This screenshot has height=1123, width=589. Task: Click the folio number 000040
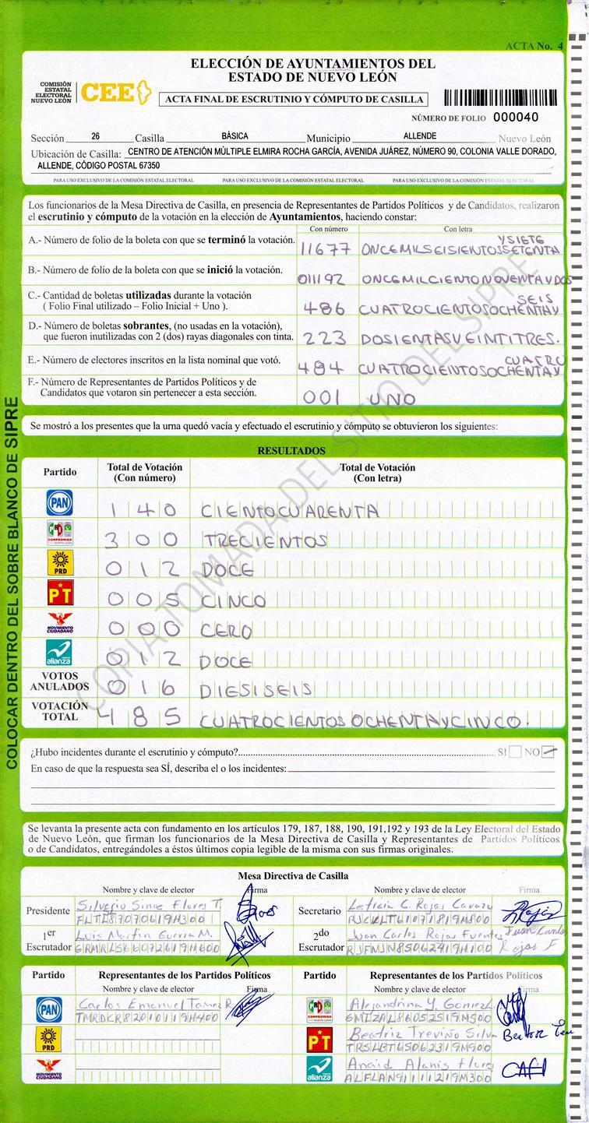pyautogui.click(x=516, y=117)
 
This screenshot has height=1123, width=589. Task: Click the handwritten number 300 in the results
pyautogui.click(x=143, y=539)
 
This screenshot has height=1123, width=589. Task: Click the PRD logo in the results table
pyautogui.click(x=59, y=563)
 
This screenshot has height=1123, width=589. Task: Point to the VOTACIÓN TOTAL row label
pyautogui.click(x=59, y=711)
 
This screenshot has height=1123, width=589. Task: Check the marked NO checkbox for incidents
pyautogui.click(x=549, y=752)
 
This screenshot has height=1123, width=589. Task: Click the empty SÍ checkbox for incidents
pyautogui.click(x=515, y=752)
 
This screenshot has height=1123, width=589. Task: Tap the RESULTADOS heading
pyautogui.click(x=291, y=451)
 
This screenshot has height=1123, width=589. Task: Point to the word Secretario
pyautogui.click(x=319, y=910)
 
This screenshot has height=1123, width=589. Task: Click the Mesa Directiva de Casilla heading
pyautogui.click(x=293, y=875)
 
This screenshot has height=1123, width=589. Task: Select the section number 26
pyautogui.click(x=95, y=136)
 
